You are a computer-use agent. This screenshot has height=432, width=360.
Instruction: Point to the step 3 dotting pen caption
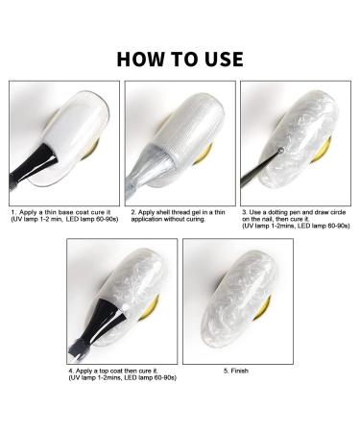(296, 218)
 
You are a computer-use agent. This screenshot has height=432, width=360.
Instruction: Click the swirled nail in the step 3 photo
(293, 130)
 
